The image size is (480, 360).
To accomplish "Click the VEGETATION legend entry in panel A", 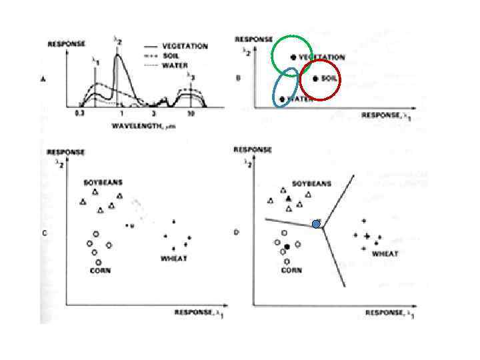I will [185, 47].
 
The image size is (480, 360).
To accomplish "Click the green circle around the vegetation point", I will [292, 54].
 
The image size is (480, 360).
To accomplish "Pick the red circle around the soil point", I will [320, 78].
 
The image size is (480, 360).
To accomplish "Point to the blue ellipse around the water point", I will [286, 87].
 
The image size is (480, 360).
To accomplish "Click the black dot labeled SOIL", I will [315, 78].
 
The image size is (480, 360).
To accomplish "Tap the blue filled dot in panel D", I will [317, 224].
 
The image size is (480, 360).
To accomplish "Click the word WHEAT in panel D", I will [385, 254].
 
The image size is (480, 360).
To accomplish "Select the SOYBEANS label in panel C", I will [103, 182].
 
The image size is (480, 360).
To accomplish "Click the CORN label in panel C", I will [100, 271].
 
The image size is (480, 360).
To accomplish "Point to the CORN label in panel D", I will [291, 271].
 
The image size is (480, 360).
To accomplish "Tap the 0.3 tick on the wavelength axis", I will [80, 114].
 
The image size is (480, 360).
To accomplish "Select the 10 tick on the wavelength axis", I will [191, 114].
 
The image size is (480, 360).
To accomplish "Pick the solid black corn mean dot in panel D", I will [287, 247].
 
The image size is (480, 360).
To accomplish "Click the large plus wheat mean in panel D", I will [367, 235].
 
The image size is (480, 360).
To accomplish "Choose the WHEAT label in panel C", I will [173, 258].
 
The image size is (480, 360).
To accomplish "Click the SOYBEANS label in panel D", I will [311, 183].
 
